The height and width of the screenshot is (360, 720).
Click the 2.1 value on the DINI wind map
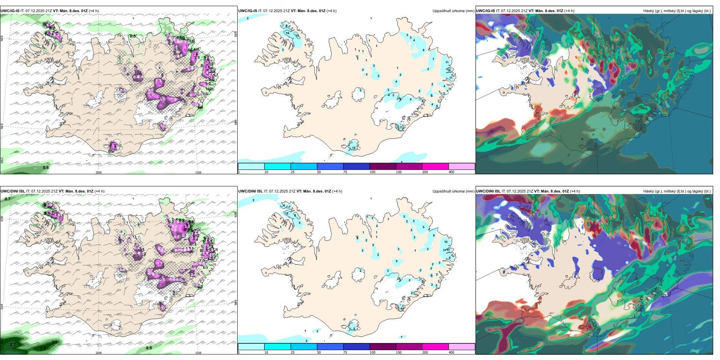point(13,344)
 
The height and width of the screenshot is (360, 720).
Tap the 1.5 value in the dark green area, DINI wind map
point(43,347)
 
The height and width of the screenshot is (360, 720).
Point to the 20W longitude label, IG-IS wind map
point(99,172)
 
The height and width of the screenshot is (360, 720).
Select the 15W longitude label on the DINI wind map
point(198,353)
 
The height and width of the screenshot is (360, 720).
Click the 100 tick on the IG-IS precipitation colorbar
point(373,172)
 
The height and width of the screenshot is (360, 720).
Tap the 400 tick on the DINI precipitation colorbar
point(451,352)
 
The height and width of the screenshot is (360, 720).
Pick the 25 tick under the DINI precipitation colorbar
point(293,352)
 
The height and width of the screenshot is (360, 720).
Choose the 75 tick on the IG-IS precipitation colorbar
point(345,172)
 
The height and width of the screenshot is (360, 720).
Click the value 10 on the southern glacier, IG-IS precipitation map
point(354,148)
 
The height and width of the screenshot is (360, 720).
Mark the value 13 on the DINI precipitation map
point(446,242)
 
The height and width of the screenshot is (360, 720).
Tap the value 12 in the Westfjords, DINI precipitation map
point(287,213)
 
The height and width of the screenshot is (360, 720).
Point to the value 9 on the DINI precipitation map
point(434,235)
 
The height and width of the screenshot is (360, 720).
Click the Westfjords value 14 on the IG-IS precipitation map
point(288,33)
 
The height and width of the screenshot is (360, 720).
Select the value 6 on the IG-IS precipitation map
point(424,50)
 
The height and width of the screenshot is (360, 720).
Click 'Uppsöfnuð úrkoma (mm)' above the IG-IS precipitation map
point(453,11)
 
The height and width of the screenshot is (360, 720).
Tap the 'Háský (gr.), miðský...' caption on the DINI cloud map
point(677,191)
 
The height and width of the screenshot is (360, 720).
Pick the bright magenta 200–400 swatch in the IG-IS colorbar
point(435,166)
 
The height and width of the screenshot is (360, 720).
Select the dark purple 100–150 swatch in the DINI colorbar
point(382,347)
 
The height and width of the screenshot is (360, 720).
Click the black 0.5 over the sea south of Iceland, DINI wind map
point(149,348)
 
